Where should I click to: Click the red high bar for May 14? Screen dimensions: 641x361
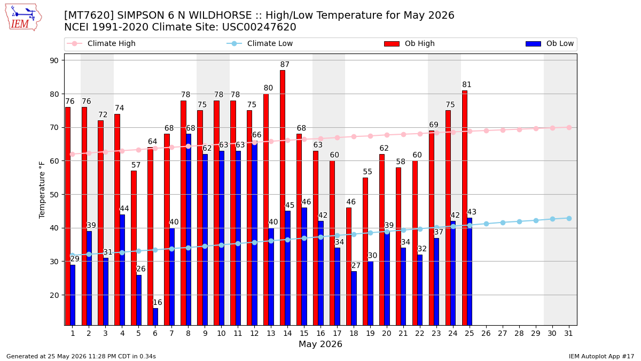coord(283,198)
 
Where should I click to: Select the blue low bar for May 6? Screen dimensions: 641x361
coord(155,317)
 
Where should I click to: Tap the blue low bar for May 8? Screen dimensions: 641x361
coord(189,229)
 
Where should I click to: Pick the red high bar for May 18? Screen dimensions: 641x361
coord(349,266)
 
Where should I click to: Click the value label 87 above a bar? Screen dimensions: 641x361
coord(285,65)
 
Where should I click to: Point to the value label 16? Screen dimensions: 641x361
coord(158,302)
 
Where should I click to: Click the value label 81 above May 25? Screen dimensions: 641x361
coord(467,85)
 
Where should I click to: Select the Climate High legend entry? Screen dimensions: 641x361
coord(101,43)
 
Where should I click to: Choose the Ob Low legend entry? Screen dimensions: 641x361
coord(550,43)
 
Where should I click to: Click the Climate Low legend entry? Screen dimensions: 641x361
coord(260,43)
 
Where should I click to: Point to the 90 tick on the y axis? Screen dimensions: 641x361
coord(54,60)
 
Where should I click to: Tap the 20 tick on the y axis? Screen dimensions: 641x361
coord(54,295)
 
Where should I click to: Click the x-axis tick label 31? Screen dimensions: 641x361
coord(568,334)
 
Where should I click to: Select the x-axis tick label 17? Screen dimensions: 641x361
coord(337,334)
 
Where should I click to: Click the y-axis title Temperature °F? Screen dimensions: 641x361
coord(42,190)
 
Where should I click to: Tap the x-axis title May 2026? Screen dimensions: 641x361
coord(320,344)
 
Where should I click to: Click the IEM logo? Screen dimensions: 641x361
coord(24,17)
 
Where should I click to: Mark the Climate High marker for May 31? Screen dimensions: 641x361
coord(569,127)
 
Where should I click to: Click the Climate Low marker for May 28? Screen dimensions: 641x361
coord(519,221)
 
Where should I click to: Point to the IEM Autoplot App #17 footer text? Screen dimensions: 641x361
coord(601,356)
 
